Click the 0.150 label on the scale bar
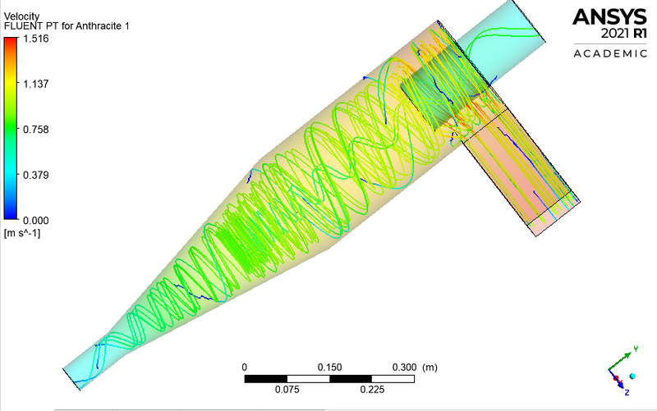click(x=329, y=366)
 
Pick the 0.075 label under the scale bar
click(x=287, y=390)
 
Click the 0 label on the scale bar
click(x=245, y=366)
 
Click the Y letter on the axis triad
click(x=636, y=349)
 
